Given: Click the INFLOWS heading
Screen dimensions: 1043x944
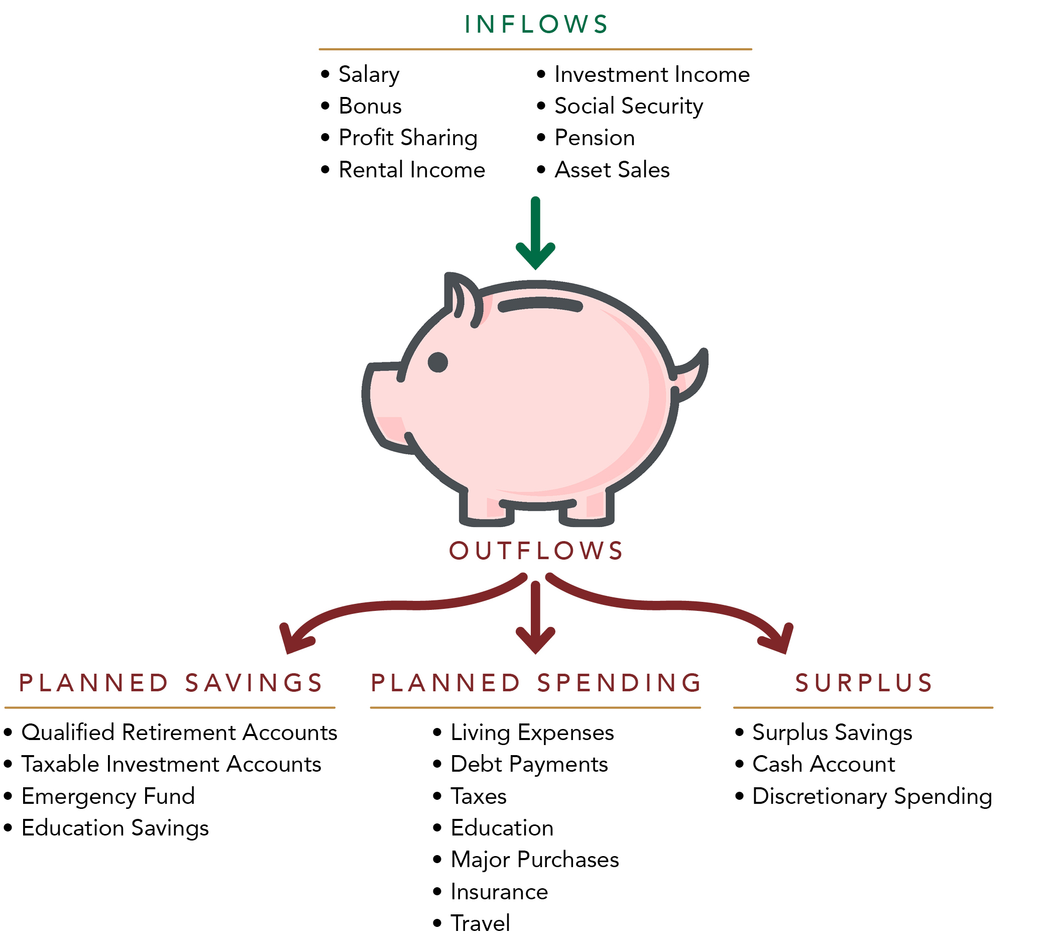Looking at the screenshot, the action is [x=536, y=24].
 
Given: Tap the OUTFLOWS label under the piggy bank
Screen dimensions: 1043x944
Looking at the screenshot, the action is [x=536, y=551].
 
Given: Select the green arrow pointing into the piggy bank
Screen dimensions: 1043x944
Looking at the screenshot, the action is [x=535, y=233].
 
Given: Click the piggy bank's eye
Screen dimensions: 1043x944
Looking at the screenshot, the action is [x=438, y=362].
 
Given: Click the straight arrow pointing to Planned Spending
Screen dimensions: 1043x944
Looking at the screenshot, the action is [x=535, y=617].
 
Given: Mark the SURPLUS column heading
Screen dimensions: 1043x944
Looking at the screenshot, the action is [x=864, y=683].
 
